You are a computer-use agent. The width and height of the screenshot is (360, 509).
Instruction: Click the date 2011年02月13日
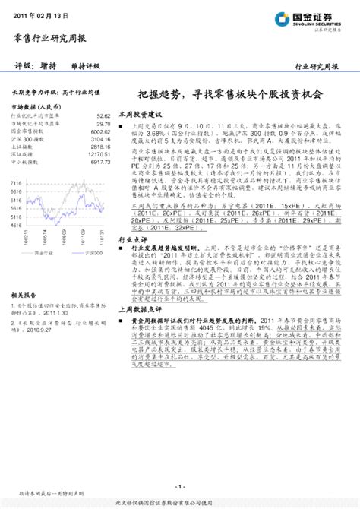click(x=38, y=16)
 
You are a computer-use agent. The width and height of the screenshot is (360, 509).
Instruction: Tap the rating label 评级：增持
click(x=30, y=66)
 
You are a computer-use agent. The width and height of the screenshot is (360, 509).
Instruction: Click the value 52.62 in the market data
click(x=103, y=116)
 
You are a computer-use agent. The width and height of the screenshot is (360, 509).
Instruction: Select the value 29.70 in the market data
click(x=103, y=123)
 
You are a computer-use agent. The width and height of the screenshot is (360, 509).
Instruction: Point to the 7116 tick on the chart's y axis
click(x=16, y=183)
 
